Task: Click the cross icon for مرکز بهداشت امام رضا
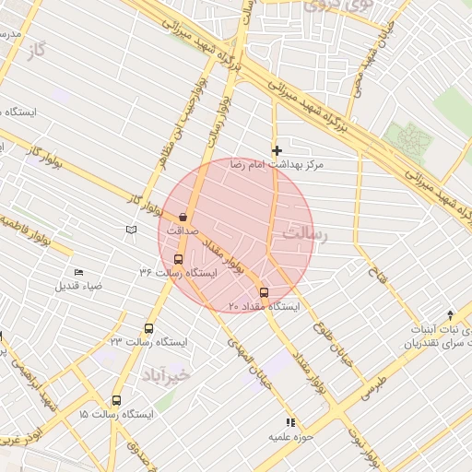pyautogui.click(x=276, y=149)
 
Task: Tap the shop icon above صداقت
pyautogui.click(x=183, y=217)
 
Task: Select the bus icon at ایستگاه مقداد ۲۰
pyautogui.click(x=264, y=293)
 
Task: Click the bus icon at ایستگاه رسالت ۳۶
pyautogui.click(x=178, y=260)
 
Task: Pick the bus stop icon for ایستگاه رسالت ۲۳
pyautogui.click(x=149, y=328)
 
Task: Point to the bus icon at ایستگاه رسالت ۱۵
pyautogui.click(x=116, y=400)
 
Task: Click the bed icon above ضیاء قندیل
pyautogui.click(x=78, y=272)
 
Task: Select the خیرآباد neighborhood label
pyautogui.click(x=166, y=374)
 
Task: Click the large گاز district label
pyautogui.click(x=36, y=49)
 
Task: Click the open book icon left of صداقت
pyautogui.click(x=131, y=229)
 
